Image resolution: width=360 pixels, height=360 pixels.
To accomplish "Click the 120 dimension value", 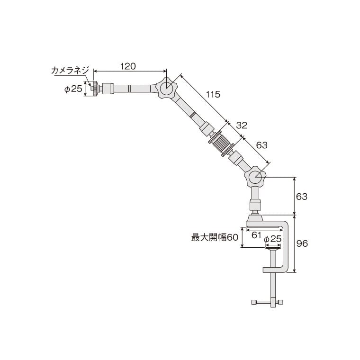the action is click(x=128, y=66).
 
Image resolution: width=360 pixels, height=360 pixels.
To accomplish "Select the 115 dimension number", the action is click(x=213, y=94).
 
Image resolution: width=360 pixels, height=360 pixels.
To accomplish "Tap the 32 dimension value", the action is click(x=242, y=125).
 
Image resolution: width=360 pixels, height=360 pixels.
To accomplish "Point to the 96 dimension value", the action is click(x=302, y=243).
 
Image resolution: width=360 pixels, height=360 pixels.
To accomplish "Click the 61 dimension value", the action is click(x=256, y=235).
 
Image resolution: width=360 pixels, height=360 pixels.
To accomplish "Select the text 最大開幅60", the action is click(x=215, y=237).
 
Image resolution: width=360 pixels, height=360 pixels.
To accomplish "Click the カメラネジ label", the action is click(x=70, y=70).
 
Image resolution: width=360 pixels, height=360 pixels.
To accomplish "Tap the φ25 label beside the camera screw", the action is click(x=73, y=89).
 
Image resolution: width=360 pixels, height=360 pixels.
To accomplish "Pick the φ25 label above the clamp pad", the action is click(x=272, y=239).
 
